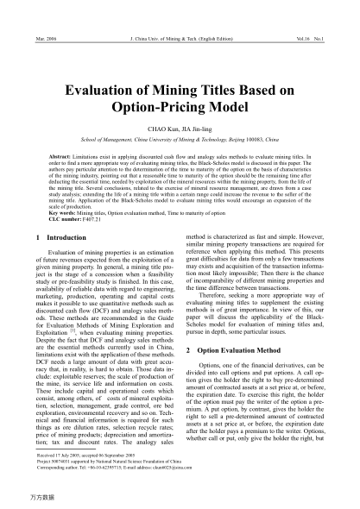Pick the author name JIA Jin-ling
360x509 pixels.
click(203, 136)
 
